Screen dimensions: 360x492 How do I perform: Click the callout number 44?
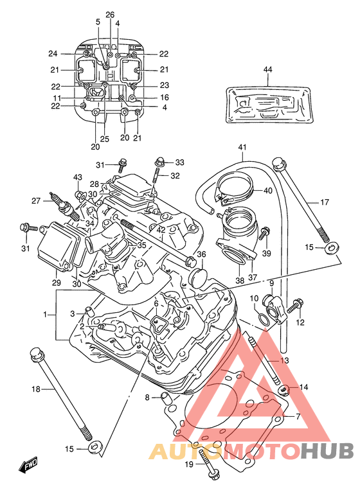click(267, 69)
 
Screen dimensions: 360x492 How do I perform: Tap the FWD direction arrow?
click(28, 464)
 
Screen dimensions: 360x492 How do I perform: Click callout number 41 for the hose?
click(242, 147)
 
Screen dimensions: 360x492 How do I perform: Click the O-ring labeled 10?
click(264, 319)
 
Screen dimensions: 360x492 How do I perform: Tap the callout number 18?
click(36, 389)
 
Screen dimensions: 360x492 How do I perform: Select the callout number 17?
click(325, 202)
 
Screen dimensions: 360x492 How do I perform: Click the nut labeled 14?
click(284, 389)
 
